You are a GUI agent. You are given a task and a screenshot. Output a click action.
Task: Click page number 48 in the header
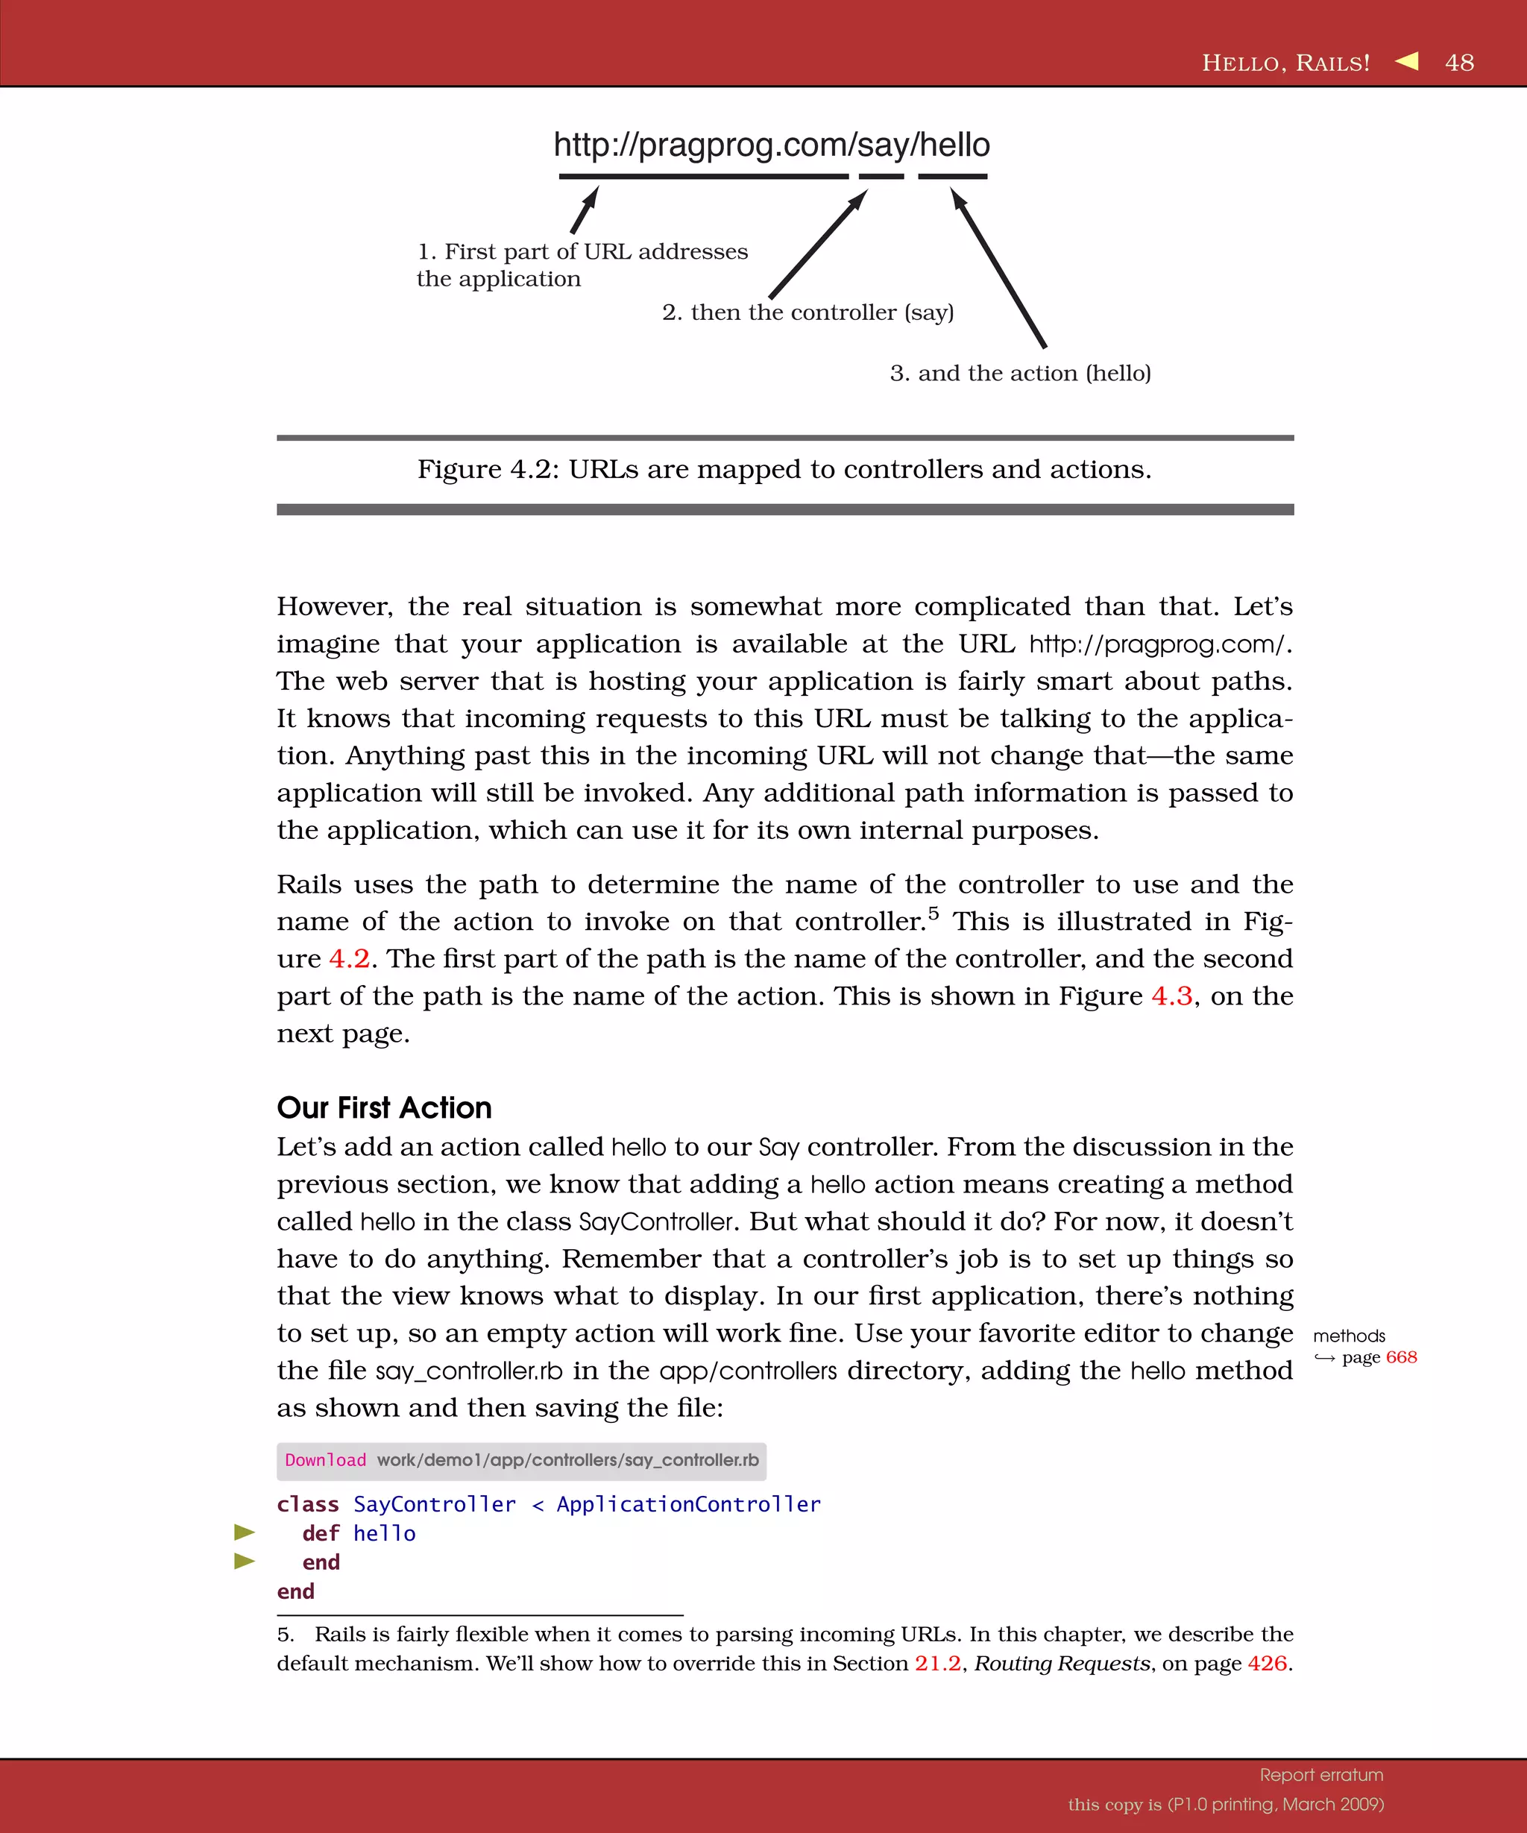[1459, 63]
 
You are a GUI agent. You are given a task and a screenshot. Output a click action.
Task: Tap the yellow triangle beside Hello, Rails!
[1407, 61]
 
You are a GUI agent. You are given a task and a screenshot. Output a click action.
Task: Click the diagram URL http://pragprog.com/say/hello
[772, 145]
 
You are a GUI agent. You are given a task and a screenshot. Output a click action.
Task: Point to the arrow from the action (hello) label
[999, 269]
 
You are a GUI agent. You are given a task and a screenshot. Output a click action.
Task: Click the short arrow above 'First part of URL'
[585, 210]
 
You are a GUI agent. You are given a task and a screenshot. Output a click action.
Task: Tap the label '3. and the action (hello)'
[1020, 374]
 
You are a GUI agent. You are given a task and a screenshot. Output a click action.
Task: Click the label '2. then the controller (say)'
[807, 312]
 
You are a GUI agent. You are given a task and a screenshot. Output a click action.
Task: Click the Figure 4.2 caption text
[784, 470]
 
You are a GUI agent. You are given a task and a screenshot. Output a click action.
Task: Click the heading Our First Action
[384, 1107]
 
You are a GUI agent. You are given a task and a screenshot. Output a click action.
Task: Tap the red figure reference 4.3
[1171, 996]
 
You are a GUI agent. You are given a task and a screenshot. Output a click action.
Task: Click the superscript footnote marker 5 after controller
[933, 913]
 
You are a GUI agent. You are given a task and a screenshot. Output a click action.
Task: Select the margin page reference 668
[1400, 1357]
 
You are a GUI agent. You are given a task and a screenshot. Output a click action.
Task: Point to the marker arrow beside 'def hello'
[245, 1532]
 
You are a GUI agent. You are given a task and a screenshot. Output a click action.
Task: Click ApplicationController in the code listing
[688, 1504]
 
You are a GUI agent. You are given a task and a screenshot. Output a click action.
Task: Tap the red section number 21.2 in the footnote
[937, 1664]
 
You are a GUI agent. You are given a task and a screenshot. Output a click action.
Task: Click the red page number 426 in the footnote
[1267, 1664]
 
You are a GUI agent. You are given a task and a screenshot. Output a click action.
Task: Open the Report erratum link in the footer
[1321, 1775]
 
